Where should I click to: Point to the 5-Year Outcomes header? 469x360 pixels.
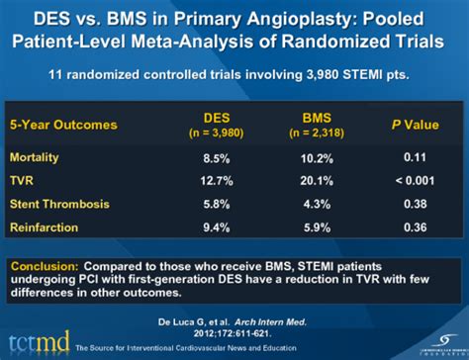[63, 125]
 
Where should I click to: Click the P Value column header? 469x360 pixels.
[409, 125]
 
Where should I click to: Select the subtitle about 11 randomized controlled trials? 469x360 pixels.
[234, 73]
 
